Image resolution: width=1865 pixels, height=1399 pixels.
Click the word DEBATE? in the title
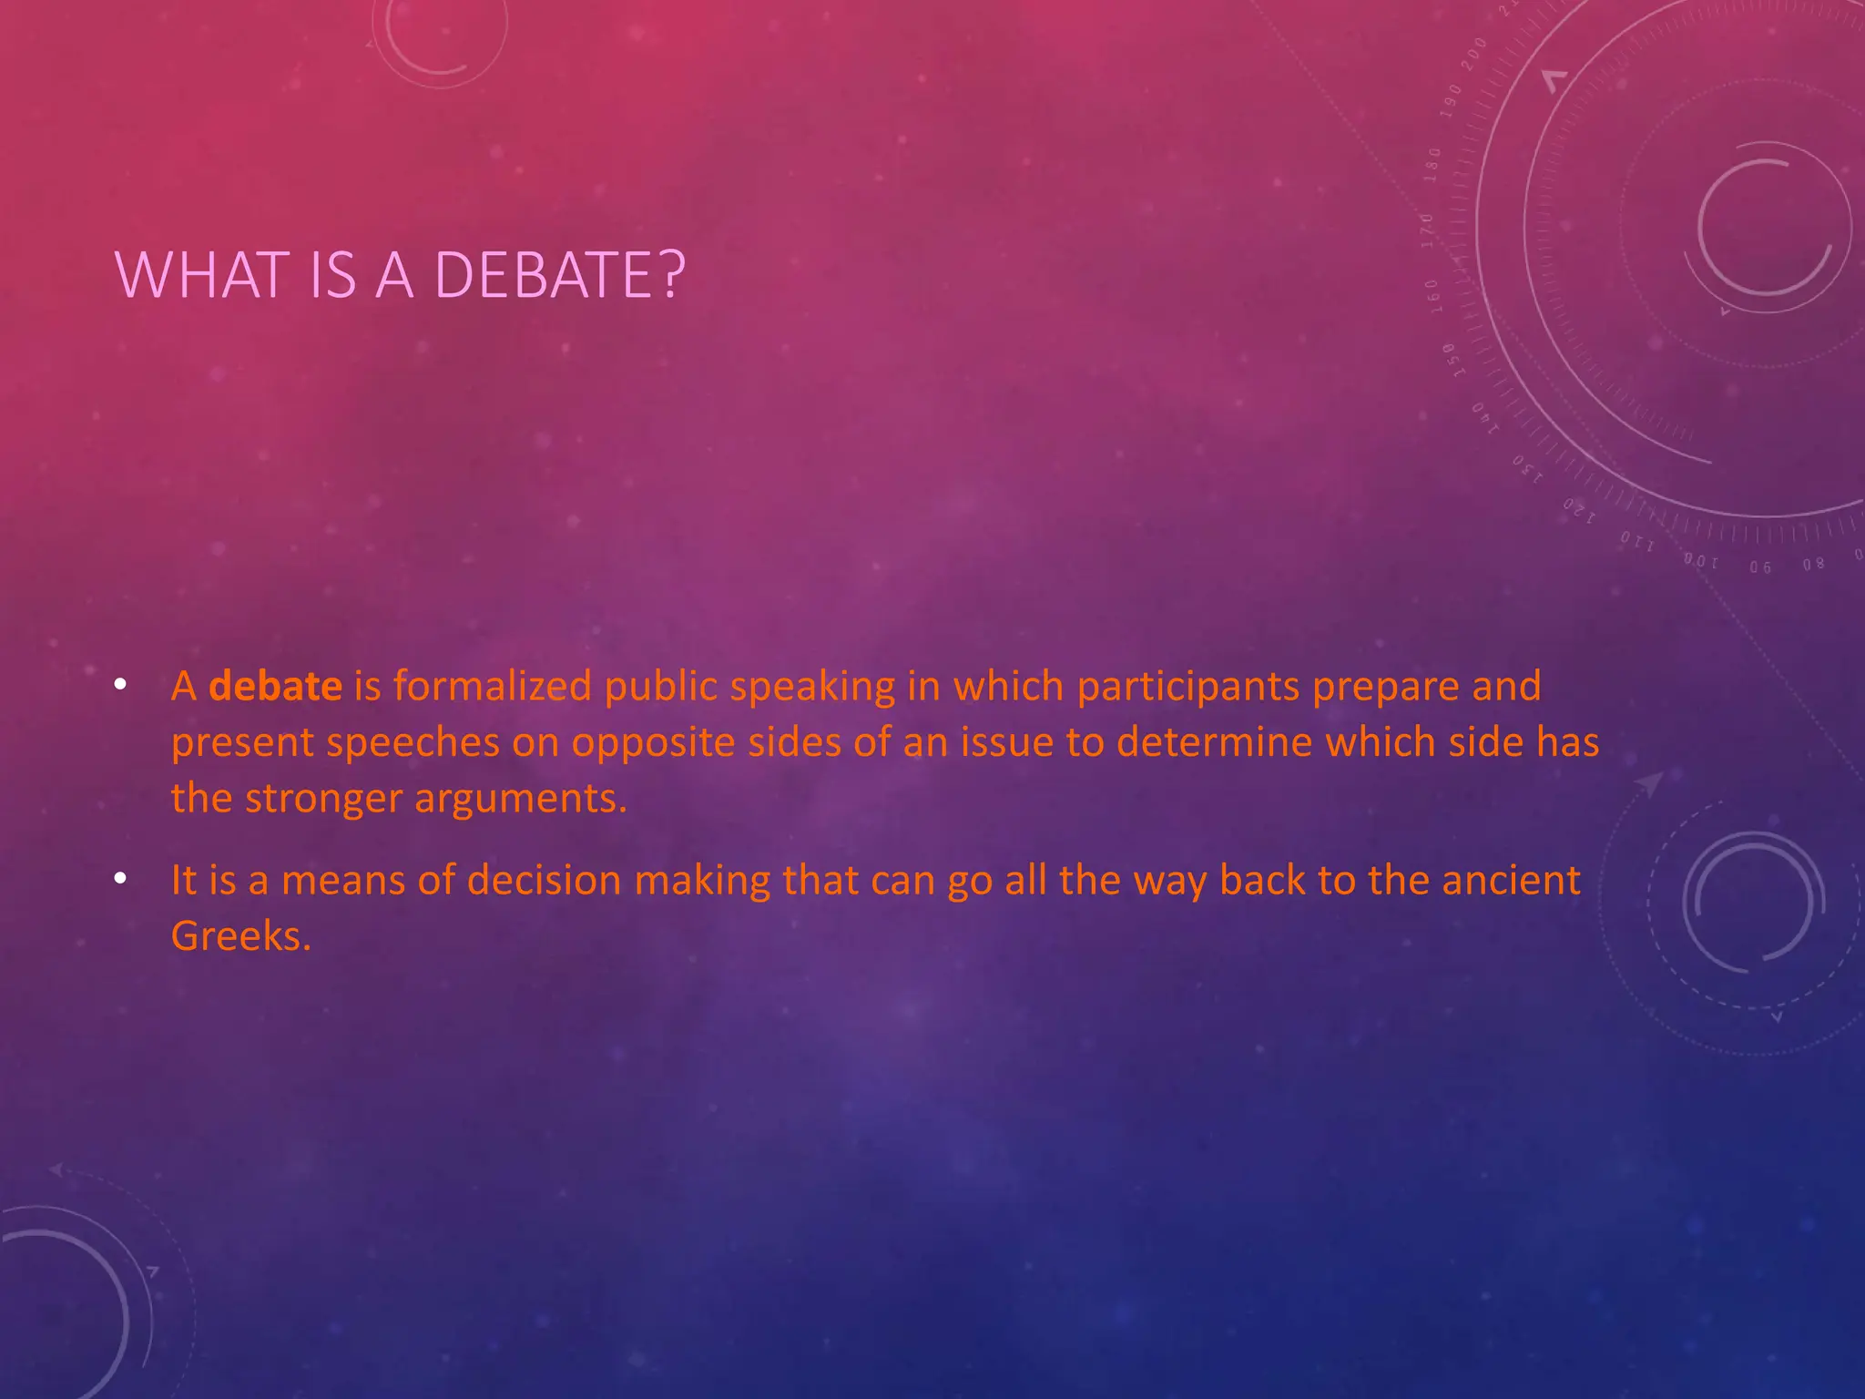(559, 274)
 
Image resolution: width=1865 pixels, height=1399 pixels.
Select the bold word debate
(275, 686)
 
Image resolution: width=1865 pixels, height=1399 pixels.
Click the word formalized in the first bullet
(493, 686)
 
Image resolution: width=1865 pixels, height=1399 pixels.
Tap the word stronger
(323, 799)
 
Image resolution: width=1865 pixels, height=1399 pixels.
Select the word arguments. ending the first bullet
(521, 799)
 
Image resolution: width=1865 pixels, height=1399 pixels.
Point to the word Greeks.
(241, 936)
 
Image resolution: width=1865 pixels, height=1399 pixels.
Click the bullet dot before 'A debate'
(120, 685)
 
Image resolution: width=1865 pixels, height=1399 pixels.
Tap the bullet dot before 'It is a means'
(120, 879)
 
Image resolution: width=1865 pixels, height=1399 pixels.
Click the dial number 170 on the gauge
(1428, 230)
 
